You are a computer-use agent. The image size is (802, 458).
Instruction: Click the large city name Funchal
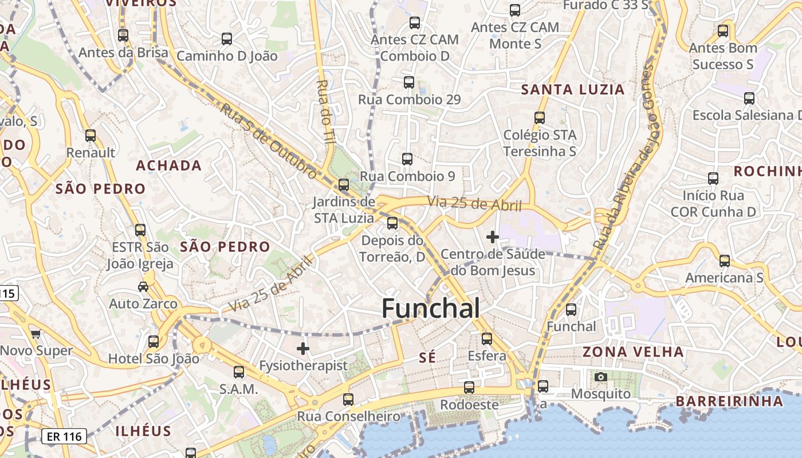tap(430, 309)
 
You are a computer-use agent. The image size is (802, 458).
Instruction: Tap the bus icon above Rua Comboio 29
tap(408, 82)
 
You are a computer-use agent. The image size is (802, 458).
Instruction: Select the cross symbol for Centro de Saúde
tap(492, 236)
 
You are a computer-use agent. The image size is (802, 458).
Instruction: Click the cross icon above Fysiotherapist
tap(303, 348)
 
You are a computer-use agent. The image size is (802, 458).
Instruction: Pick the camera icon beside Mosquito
tap(600, 377)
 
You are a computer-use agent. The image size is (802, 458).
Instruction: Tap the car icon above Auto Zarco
tap(143, 286)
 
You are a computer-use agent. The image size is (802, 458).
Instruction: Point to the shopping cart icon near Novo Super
tap(36, 334)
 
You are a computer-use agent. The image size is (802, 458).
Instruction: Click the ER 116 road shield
tap(64, 437)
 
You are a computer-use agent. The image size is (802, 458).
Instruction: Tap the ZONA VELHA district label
tap(633, 352)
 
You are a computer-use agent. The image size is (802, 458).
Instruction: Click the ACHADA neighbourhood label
tap(168, 165)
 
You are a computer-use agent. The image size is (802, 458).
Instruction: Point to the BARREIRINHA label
tap(729, 401)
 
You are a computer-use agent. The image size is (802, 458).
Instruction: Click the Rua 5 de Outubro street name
tap(268, 140)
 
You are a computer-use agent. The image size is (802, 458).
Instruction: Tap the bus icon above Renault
tap(91, 136)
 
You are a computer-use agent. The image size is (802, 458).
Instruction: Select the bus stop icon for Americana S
tap(725, 261)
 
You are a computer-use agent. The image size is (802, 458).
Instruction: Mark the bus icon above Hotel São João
tap(154, 342)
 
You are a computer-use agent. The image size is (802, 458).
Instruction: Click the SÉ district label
tap(427, 357)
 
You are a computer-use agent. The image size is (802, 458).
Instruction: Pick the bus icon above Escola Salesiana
tap(749, 98)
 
